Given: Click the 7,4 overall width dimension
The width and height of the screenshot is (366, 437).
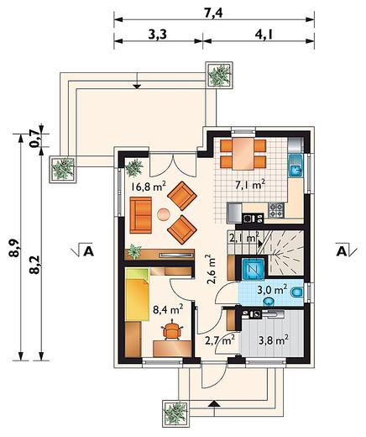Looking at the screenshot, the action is click(213, 13).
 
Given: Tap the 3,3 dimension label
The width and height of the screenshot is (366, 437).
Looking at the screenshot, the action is click(157, 34).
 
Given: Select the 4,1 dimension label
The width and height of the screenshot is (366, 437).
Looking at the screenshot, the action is click(264, 34).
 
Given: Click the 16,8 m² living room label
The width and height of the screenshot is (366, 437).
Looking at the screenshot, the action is click(149, 187).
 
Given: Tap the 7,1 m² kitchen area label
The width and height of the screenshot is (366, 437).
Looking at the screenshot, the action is click(250, 185).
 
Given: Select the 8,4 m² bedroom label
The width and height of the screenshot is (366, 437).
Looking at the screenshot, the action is click(168, 309).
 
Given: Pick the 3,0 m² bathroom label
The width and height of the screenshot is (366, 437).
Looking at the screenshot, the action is click(272, 289).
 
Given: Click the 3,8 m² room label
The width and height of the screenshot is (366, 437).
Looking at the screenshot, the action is click(274, 340).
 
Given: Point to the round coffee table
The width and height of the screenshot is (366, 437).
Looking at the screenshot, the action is click(164, 215).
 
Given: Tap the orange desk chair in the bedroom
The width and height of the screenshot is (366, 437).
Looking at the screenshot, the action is click(172, 329).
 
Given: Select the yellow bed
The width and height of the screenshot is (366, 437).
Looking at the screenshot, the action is click(137, 294).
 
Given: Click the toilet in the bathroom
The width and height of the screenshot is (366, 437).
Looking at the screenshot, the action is click(297, 292).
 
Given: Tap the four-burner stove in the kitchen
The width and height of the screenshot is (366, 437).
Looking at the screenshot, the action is click(276, 210).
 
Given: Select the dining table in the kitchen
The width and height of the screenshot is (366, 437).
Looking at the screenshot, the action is click(243, 154).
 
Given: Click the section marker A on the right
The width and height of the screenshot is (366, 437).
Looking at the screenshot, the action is click(342, 251).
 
